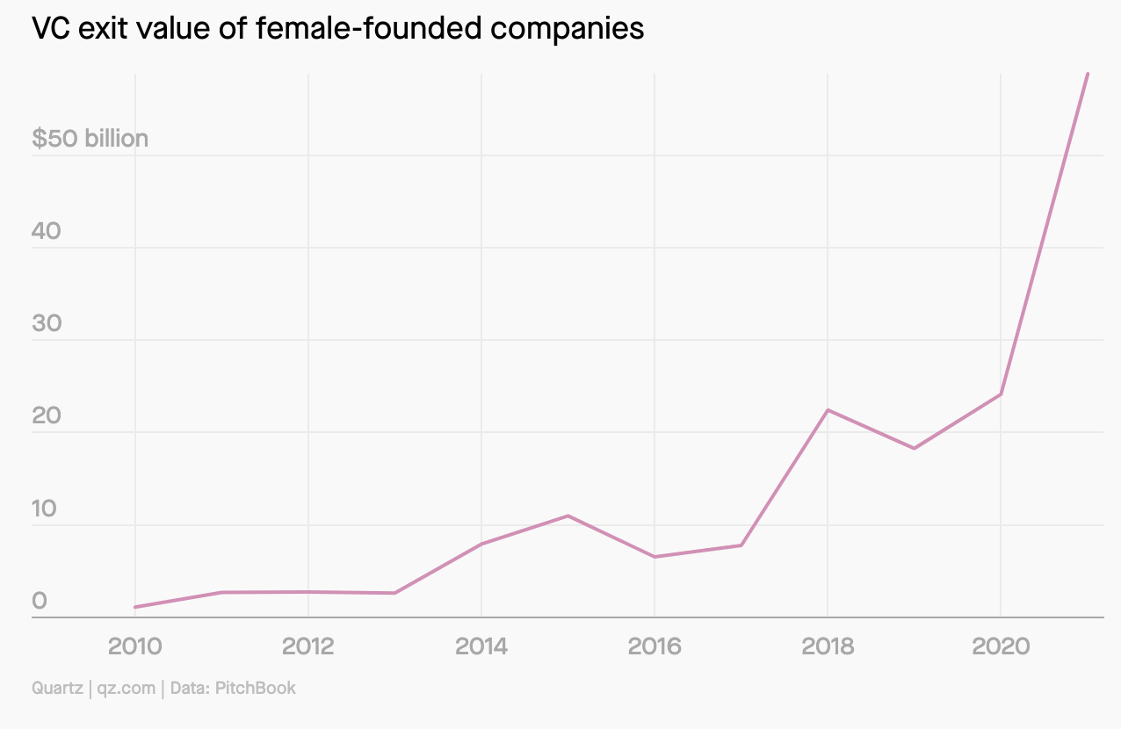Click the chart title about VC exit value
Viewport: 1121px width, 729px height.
pyautogui.click(x=338, y=29)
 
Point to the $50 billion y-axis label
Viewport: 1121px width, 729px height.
pyautogui.click(x=90, y=139)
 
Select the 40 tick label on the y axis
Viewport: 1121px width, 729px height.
pyautogui.click(x=47, y=231)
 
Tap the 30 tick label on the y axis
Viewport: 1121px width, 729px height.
pyautogui.click(x=47, y=323)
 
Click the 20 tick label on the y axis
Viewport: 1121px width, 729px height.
pyautogui.click(x=47, y=415)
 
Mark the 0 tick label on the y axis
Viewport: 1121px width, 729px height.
pyautogui.click(x=40, y=602)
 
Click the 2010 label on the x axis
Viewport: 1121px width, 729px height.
pyautogui.click(x=134, y=647)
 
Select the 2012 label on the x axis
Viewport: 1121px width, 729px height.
pyautogui.click(x=308, y=647)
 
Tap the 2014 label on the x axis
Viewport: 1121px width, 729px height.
pyautogui.click(x=481, y=647)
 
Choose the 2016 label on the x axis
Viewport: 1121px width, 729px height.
pyautogui.click(x=655, y=647)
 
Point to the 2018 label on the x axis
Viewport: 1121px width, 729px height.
pyautogui.click(x=828, y=647)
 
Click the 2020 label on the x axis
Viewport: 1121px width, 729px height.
pyautogui.click(x=1001, y=647)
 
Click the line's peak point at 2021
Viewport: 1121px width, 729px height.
pyautogui.click(x=1088, y=74)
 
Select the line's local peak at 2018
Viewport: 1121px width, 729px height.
pyautogui.click(x=828, y=410)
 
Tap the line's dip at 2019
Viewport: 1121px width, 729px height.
pyautogui.click(x=915, y=449)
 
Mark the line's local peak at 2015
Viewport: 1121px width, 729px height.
pyautogui.click(x=568, y=516)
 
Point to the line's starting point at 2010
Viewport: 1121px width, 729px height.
pyautogui.click(x=134, y=607)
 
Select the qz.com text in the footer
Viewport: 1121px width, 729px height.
pyautogui.click(x=127, y=688)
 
